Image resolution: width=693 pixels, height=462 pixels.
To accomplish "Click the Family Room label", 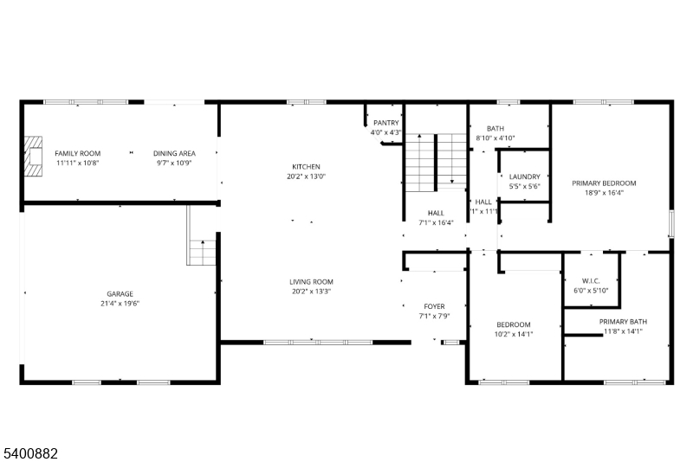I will (x=78, y=153).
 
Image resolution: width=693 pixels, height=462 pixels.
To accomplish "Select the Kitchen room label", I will (x=306, y=166).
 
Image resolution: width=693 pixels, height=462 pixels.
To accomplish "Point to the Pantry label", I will (x=385, y=123).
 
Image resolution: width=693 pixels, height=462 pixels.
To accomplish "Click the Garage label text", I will (x=120, y=294).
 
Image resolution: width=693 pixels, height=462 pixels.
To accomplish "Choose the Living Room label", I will (x=311, y=282).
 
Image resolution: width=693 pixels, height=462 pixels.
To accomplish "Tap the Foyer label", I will (x=434, y=306).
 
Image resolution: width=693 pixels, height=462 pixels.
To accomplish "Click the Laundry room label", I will (x=524, y=176).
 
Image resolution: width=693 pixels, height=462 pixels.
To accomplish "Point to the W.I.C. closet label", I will (x=591, y=281).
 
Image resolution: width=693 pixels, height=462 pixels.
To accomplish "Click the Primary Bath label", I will (x=623, y=322).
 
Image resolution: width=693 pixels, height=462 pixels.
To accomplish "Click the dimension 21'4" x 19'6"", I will (x=120, y=304).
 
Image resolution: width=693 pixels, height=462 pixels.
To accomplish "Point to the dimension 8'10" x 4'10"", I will (x=495, y=138).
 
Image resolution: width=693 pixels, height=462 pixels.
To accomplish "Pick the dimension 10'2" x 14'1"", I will (x=513, y=334).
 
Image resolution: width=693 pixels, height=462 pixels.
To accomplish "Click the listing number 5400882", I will (x=34, y=452).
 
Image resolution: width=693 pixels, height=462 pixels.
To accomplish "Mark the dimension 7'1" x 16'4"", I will (x=436, y=223).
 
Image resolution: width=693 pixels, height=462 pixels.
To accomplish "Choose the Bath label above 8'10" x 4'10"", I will (x=495, y=128).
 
